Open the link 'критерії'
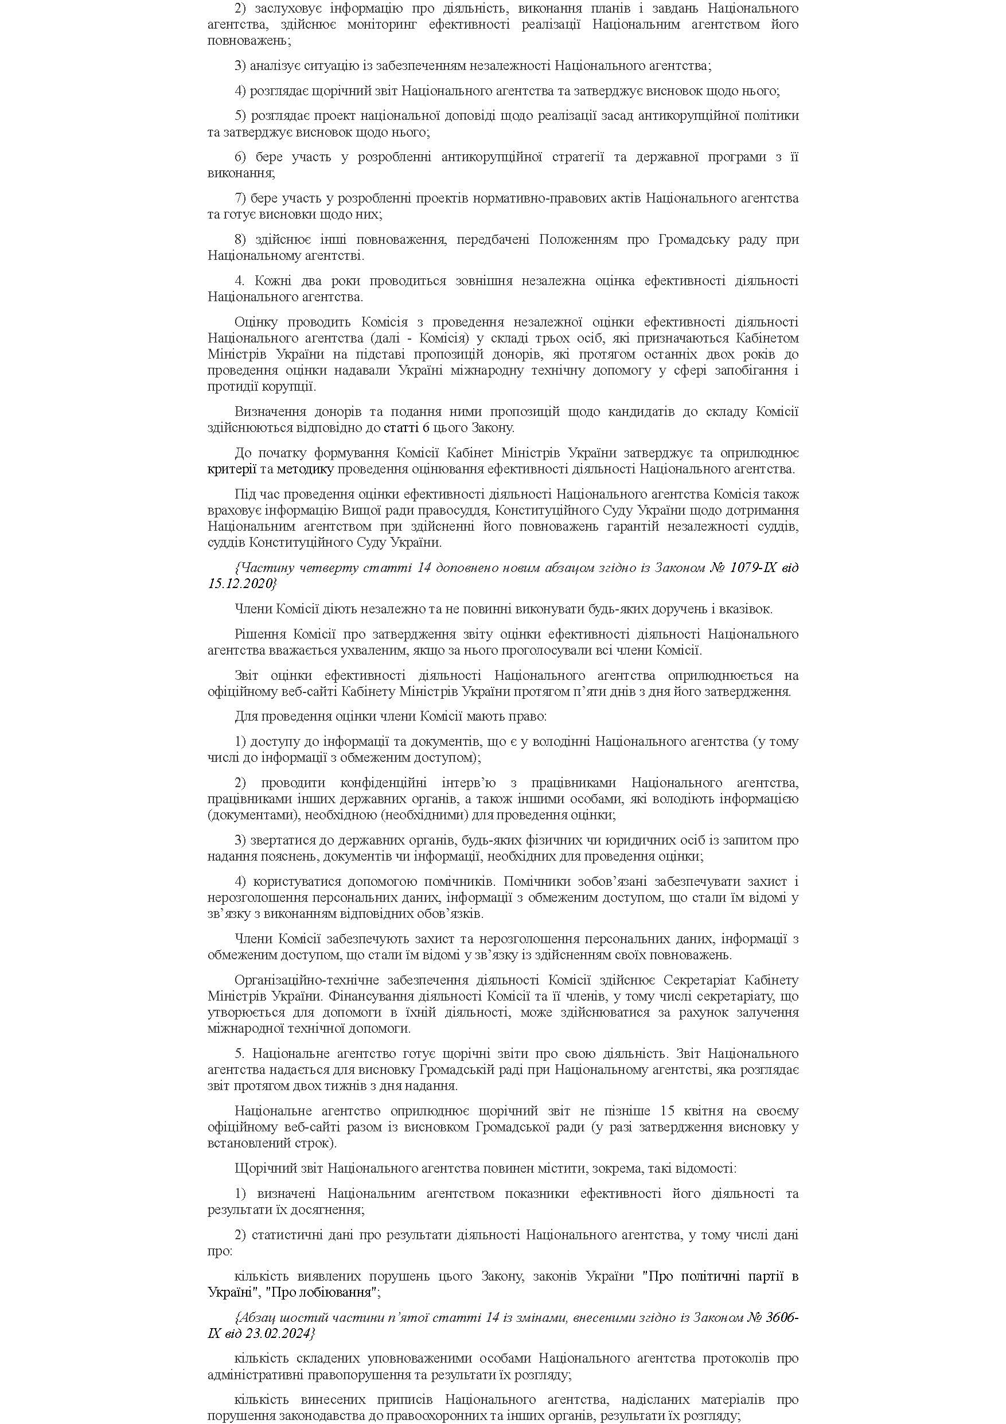click(232, 469)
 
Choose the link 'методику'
click(305, 469)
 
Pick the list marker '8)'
click(241, 239)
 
